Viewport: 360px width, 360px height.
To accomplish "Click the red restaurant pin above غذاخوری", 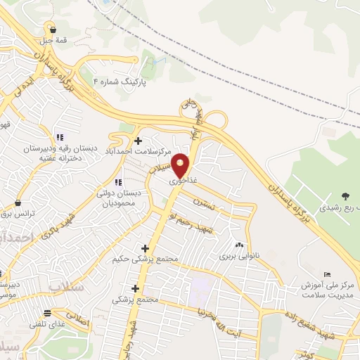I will point(181,165).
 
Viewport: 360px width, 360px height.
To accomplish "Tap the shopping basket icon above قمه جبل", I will point(53,28).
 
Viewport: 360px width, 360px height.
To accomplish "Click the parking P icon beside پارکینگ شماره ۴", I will point(96,81).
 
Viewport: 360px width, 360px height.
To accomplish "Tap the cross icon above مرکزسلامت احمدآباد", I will point(138,141).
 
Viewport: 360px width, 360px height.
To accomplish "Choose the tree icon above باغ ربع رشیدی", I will point(345,195).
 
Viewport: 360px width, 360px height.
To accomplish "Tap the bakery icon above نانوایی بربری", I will point(240,245).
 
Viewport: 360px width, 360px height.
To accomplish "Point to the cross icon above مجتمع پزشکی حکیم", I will point(145,248).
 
